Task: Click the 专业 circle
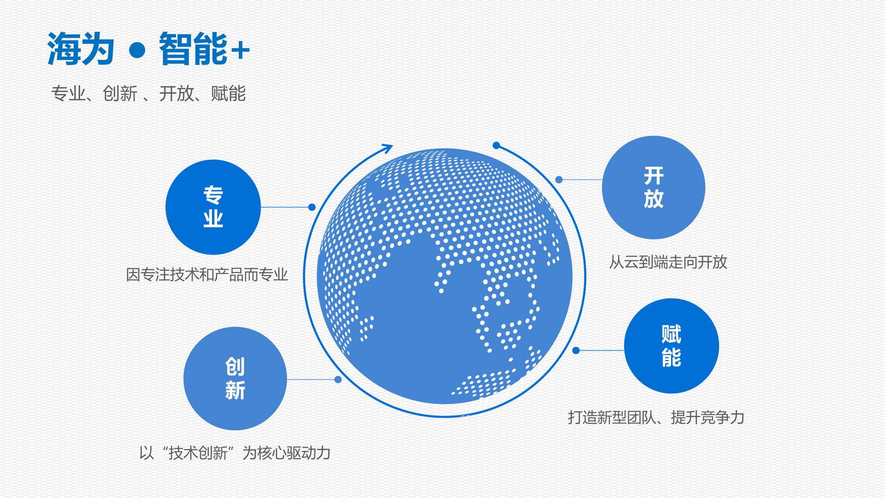(213, 207)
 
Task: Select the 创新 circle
(235, 379)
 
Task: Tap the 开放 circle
(654, 187)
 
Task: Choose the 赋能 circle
(672, 346)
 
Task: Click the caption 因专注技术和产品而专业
(207, 275)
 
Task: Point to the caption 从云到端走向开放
(668, 262)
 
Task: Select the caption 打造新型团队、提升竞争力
(656, 417)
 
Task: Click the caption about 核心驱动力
(235, 453)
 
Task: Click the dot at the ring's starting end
(496, 145)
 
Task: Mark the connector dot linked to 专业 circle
(312, 207)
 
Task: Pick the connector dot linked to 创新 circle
(338, 379)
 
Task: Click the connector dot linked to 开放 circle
(559, 179)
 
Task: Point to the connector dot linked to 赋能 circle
(576, 350)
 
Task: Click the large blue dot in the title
(137, 50)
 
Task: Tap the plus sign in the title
(241, 50)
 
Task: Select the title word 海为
(81, 49)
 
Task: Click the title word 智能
(194, 49)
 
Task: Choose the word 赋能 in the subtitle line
(228, 94)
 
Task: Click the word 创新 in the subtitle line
(120, 94)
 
